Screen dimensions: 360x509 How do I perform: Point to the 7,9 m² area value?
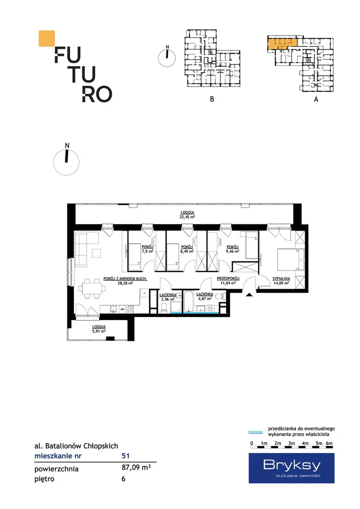[147, 251]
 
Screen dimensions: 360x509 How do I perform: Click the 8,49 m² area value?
[187, 251]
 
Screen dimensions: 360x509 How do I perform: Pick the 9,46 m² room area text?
[232, 251]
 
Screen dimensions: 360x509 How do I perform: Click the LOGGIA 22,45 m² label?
[188, 214]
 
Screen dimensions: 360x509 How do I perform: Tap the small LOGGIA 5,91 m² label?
[99, 329]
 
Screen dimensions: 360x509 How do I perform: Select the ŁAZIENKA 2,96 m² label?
[168, 297]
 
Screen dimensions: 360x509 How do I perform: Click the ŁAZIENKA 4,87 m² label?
[205, 296]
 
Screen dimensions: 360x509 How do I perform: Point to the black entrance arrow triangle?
[249, 295]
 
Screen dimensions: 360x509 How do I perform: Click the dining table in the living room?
[92, 288]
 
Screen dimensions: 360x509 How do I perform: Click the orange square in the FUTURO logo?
[47, 38]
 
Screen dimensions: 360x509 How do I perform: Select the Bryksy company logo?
[292, 468]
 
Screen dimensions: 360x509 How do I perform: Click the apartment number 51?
[126, 456]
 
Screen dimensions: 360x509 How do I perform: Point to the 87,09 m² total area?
[136, 468]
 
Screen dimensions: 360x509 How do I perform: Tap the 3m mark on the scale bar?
[292, 443]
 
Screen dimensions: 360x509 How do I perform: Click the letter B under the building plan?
[212, 99]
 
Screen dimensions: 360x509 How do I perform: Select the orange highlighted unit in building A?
[282, 44]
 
